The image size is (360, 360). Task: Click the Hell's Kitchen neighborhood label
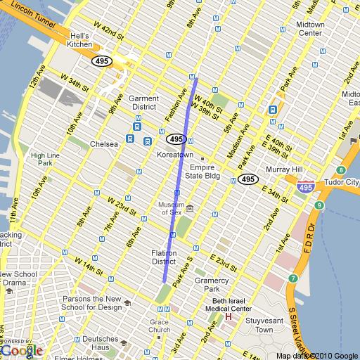pyautogui.click(x=79, y=40)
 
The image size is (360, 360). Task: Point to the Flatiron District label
pyautogui.click(x=167, y=257)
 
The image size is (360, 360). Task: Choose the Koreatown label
pyautogui.click(x=175, y=154)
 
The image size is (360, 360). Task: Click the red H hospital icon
pyautogui.click(x=228, y=317)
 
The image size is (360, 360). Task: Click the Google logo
pyautogui.click(x=22, y=349)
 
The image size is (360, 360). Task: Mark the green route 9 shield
pyautogui.click(x=319, y=205)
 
